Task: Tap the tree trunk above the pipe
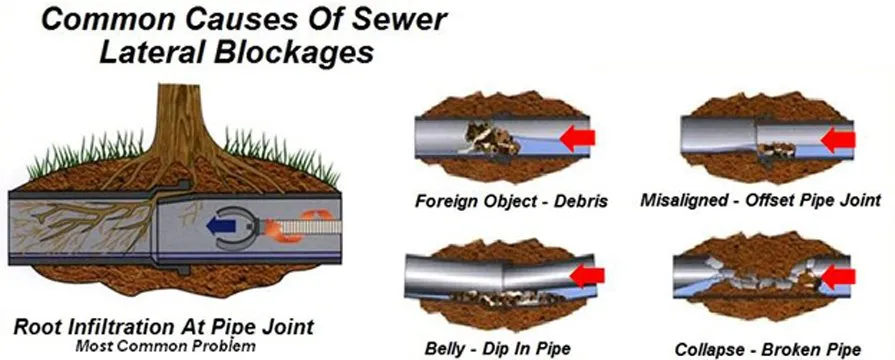point(181,120)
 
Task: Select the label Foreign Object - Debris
point(511,201)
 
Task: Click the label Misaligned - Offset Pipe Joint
point(761,201)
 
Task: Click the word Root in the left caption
point(37,326)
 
